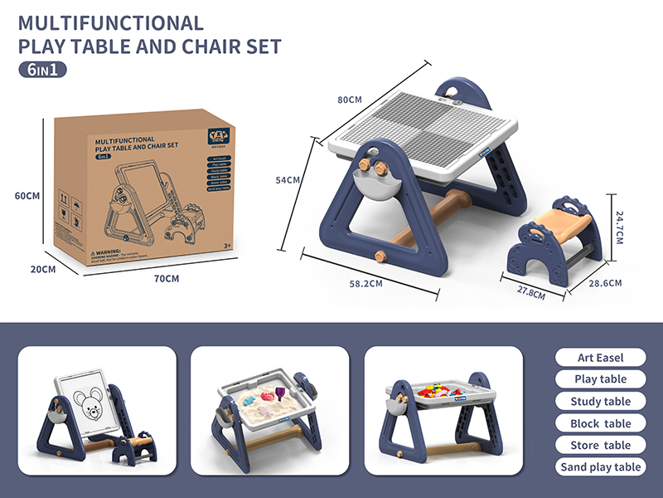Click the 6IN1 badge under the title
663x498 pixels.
42,70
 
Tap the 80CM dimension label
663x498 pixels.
350,100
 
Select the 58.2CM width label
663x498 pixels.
365,283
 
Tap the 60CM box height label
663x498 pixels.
27,197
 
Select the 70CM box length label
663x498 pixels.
167,278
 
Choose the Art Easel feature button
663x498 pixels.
600,358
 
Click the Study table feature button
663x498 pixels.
600,402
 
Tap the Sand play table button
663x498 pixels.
600,467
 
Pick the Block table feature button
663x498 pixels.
600,423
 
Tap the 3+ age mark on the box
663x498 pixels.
228,247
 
